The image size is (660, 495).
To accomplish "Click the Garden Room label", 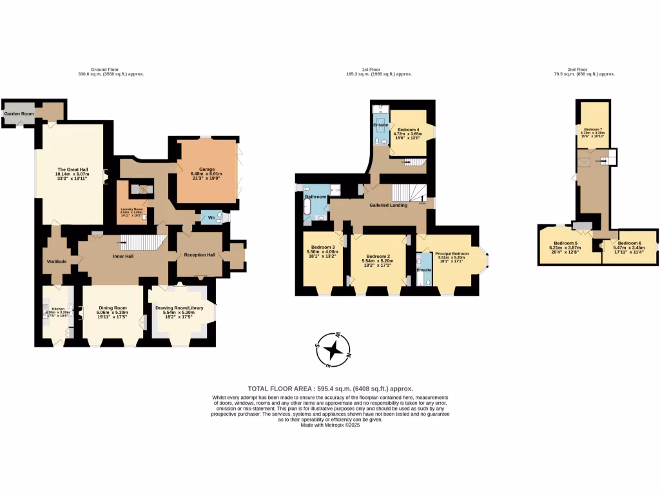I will point(19,113).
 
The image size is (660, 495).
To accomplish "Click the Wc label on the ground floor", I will point(211,218).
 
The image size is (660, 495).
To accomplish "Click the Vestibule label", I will point(57,261).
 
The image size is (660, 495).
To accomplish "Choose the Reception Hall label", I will point(199,255).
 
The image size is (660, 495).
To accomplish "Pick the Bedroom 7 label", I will point(592,130).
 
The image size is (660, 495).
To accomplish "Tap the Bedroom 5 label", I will point(565,243).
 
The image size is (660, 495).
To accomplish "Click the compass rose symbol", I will point(334,349).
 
